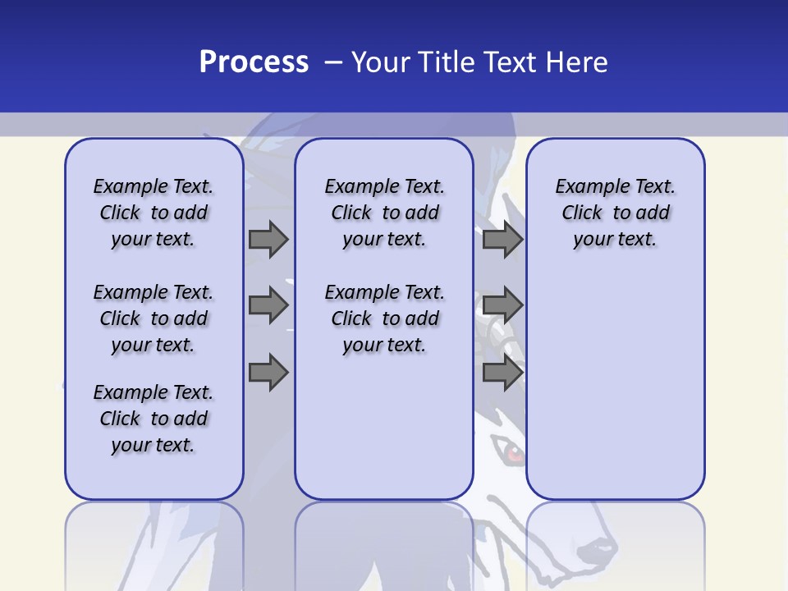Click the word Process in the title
pos(254,62)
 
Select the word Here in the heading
pos(577,62)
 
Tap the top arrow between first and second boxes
pos(268,240)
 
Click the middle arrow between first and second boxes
pos(268,306)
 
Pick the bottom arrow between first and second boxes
pos(268,373)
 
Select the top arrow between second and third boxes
pos(502,240)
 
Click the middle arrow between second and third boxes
pos(502,306)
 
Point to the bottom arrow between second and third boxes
pos(502,373)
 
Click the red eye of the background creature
pos(512,451)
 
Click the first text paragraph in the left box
pos(153,213)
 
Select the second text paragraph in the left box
pos(153,318)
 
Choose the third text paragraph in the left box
pos(153,419)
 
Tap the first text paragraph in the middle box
pos(384,213)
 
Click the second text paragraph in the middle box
pos(384,318)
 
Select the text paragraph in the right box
pos(615,213)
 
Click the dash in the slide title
pos(333,62)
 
